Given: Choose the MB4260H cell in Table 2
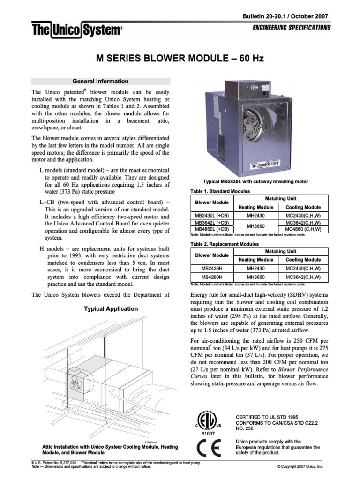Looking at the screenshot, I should [211, 277].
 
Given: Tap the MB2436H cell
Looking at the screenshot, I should [211, 268].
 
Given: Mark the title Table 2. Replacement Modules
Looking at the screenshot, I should [225, 244].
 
